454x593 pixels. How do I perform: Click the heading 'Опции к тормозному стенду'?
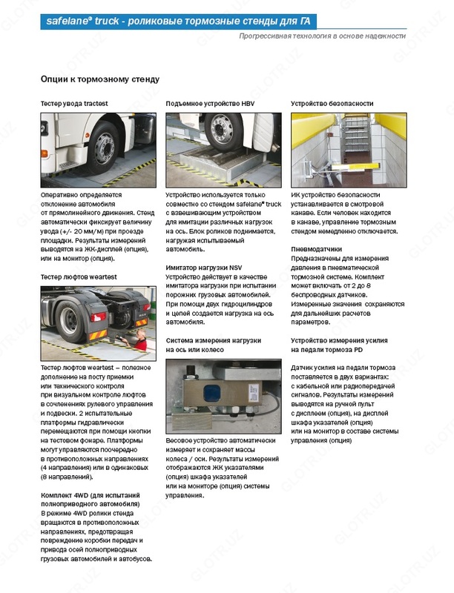pyautogui.click(x=99, y=79)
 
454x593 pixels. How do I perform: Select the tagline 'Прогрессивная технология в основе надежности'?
pyautogui.click(x=322, y=36)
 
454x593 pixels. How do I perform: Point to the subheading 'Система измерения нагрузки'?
pyautogui.click(x=214, y=340)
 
